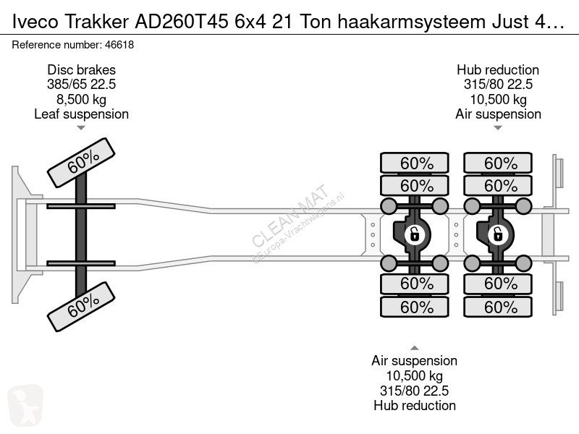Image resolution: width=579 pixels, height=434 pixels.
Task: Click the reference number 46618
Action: coord(119,45)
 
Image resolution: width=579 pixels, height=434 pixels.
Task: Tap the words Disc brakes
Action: coord(81,69)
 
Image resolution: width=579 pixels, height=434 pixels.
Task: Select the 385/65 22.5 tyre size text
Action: coord(81,85)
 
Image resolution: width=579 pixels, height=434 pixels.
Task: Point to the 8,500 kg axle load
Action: coord(81,99)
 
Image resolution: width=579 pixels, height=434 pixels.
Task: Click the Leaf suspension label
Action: coord(81,114)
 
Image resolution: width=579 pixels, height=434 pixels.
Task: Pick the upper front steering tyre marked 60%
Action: coord(81,163)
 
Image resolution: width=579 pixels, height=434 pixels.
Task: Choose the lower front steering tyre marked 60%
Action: coord(81,306)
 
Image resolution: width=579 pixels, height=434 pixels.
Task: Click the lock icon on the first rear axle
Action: coord(414,234)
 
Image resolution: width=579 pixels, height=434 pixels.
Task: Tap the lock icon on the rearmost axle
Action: coord(498,234)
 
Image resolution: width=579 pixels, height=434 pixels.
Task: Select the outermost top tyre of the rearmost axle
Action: coord(498,163)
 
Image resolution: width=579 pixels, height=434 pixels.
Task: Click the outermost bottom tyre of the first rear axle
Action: coord(414,307)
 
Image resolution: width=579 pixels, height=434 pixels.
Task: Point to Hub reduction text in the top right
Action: coord(498,69)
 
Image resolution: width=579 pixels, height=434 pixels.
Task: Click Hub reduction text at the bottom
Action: coord(414,405)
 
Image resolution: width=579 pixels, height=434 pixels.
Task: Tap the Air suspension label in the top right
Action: coord(498,114)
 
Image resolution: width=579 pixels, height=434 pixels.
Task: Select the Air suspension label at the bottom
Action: coord(414,360)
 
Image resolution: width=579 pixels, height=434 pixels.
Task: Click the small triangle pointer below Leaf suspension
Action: coord(81,128)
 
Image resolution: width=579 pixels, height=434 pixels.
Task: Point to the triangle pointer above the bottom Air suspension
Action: coord(414,348)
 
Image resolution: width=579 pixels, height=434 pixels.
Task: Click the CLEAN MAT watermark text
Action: coord(290,216)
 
